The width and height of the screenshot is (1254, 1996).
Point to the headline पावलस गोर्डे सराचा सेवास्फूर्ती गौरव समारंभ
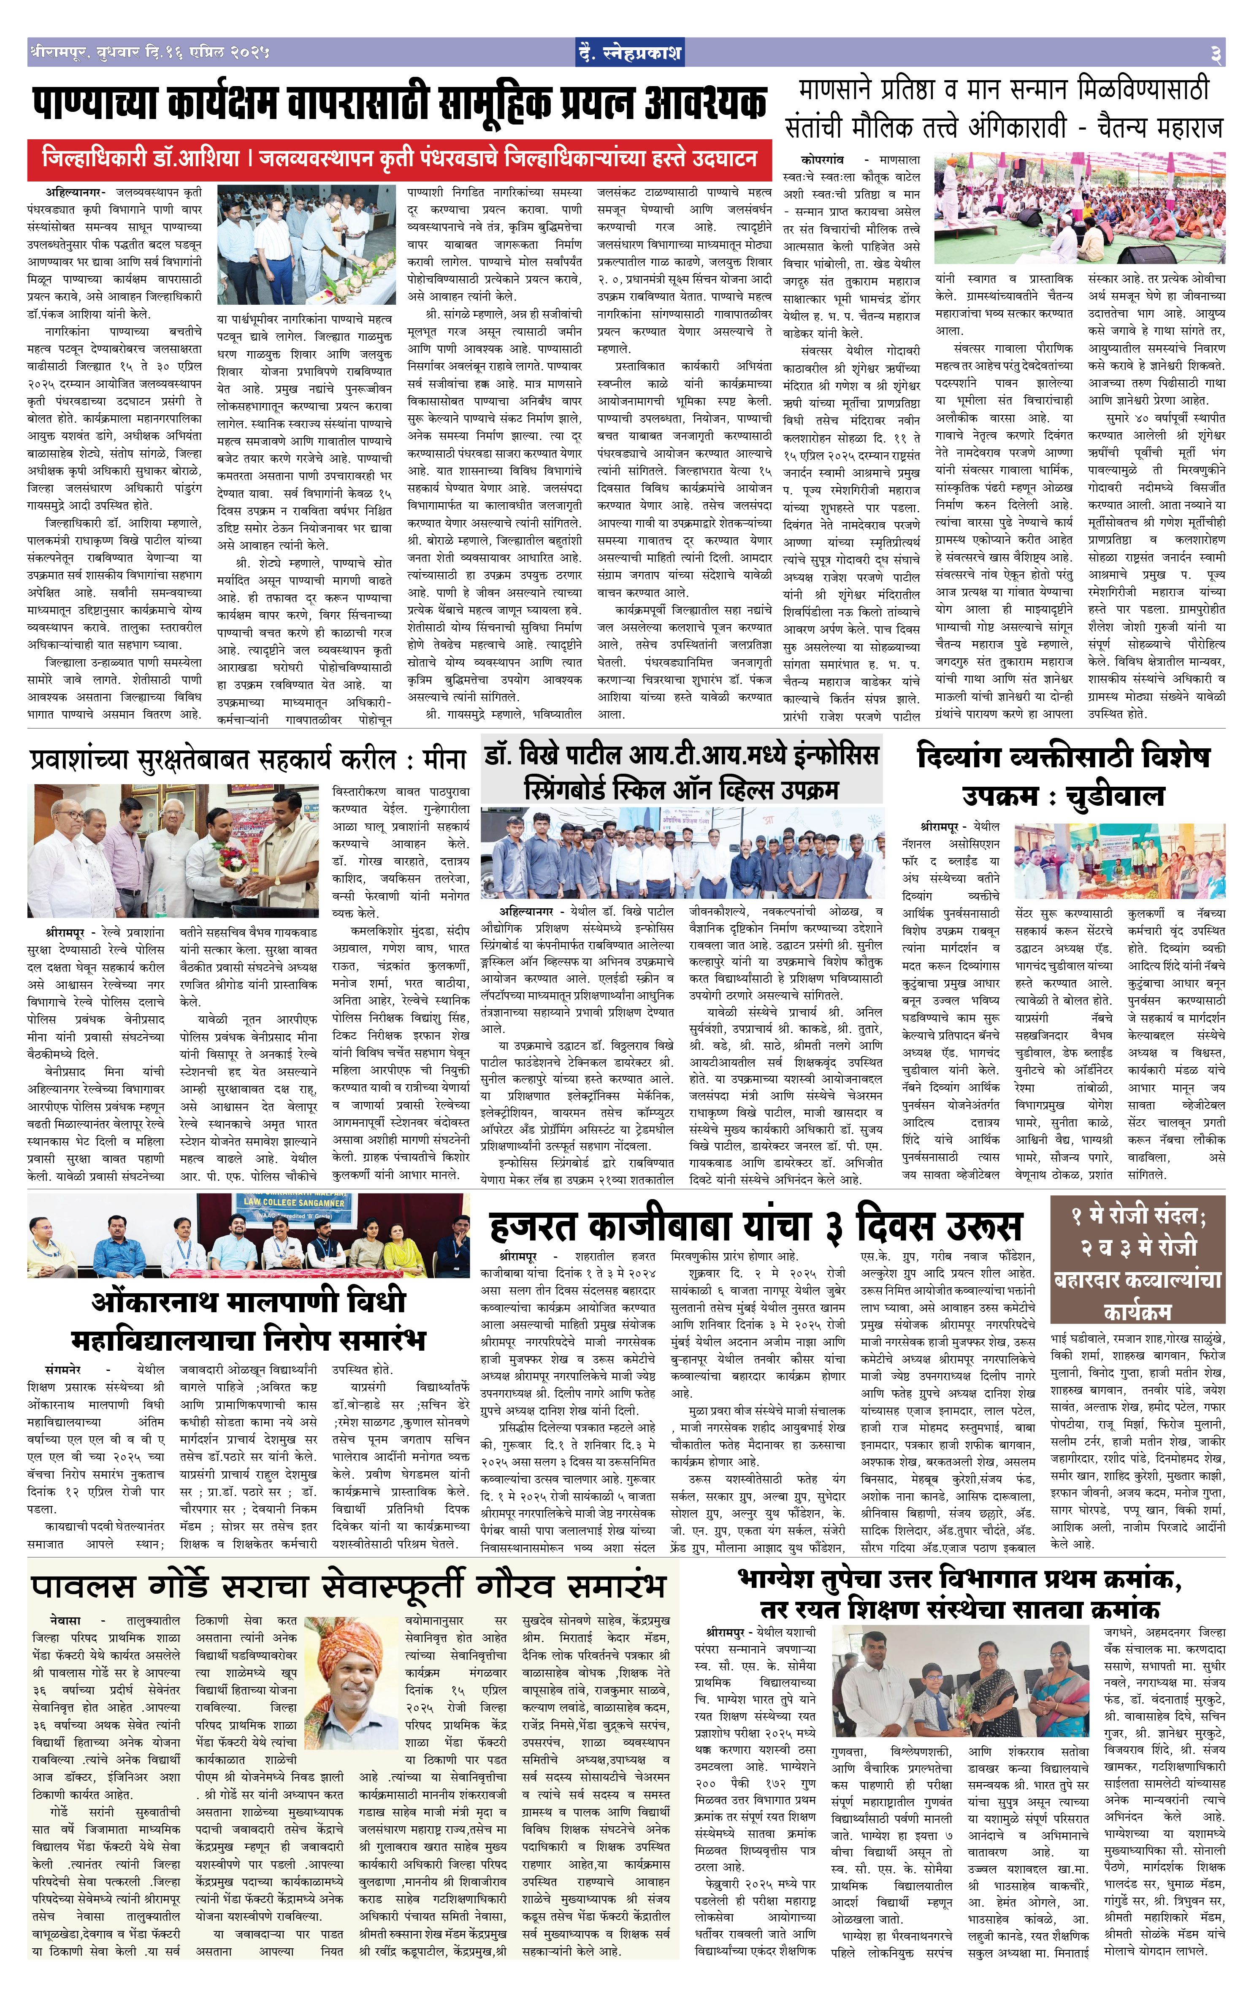point(348,1585)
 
